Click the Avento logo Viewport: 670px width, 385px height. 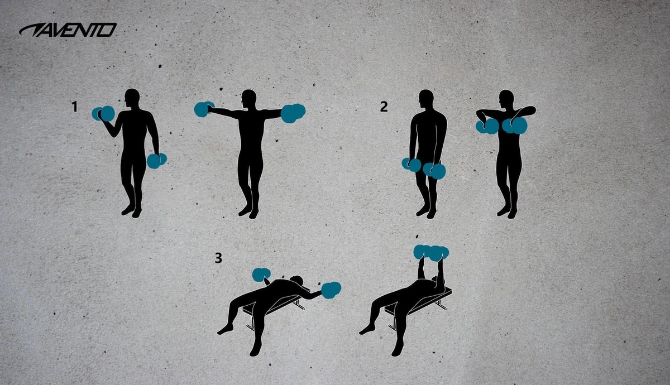point(68,30)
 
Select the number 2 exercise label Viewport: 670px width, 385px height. point(384,107)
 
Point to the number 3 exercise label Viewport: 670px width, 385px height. point(218,258)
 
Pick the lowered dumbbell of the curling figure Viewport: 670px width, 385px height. point(156,161)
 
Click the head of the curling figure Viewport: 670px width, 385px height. point(133,99)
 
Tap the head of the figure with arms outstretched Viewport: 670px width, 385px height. point(249,99)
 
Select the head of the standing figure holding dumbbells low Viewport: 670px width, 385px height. point(427,99)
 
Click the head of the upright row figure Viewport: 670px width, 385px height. point(506,99)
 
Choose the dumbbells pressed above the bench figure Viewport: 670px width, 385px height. point(432,253)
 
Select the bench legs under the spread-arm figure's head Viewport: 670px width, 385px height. point(300,304)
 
